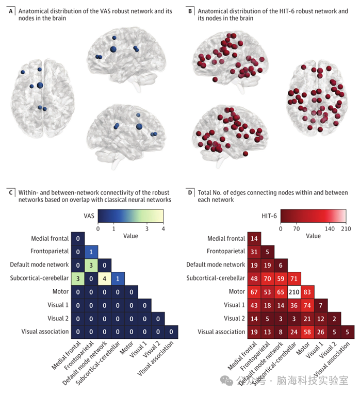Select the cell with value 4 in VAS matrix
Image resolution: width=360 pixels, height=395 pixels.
coord(104,278)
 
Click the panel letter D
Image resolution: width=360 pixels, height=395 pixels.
coord(190,192)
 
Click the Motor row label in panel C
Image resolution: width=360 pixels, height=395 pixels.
coord(60,291)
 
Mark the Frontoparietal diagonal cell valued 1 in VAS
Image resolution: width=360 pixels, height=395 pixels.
coord(91,252)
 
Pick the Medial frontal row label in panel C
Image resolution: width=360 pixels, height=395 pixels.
coord(48,239)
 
